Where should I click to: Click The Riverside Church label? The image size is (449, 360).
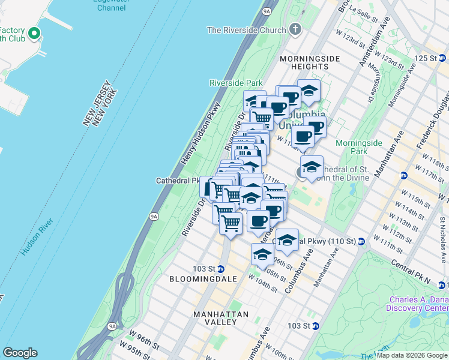click(247, 30)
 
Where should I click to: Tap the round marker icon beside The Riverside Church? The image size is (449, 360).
click(295, 29)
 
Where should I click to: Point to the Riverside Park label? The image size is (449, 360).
click(236, 83)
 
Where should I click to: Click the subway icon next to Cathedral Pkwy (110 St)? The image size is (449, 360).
click(361, 241)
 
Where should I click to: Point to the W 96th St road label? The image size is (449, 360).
click(145, 333)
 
